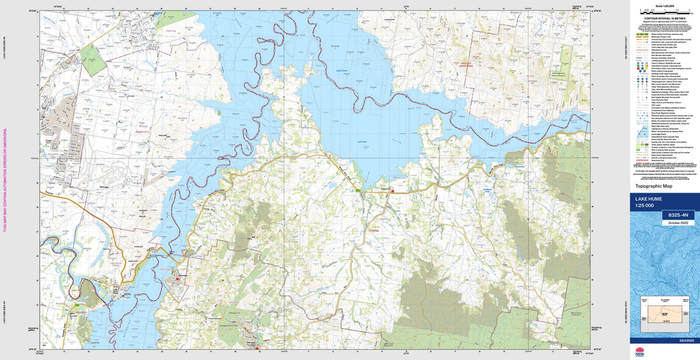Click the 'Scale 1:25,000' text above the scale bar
[x=663, y=5]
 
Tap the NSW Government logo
[x=639, y=352]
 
